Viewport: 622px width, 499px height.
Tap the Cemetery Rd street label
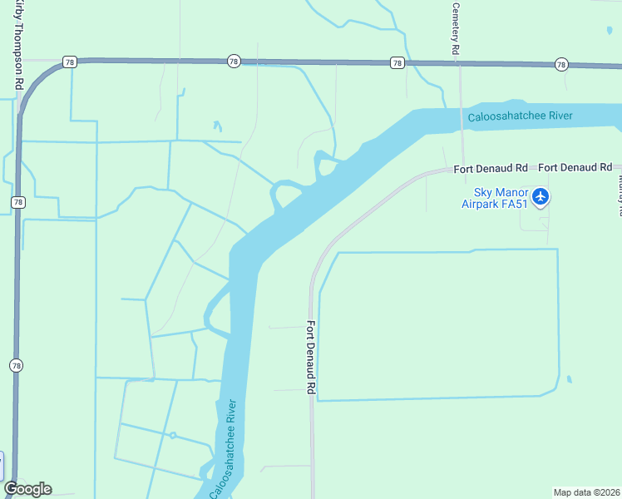coord(456,29)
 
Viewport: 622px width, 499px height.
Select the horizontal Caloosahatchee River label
coord(520,116)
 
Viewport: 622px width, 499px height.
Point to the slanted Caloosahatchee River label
coord(224,449)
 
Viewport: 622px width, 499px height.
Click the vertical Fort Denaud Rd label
coord(310,357)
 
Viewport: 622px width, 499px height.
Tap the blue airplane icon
coord(541,197)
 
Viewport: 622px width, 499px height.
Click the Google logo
coord(27,489)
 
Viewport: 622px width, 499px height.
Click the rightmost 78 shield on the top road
coord(561,64)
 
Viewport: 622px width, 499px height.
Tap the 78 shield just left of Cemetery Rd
coord(397,62)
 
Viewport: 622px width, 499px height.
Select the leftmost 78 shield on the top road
coord(69,62)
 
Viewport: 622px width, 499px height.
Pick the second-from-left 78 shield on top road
coord(233,62)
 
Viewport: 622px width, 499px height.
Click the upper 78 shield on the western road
coord(17,202)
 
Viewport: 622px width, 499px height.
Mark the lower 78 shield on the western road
coord(15,365)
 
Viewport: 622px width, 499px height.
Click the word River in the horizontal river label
coord(556,116)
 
